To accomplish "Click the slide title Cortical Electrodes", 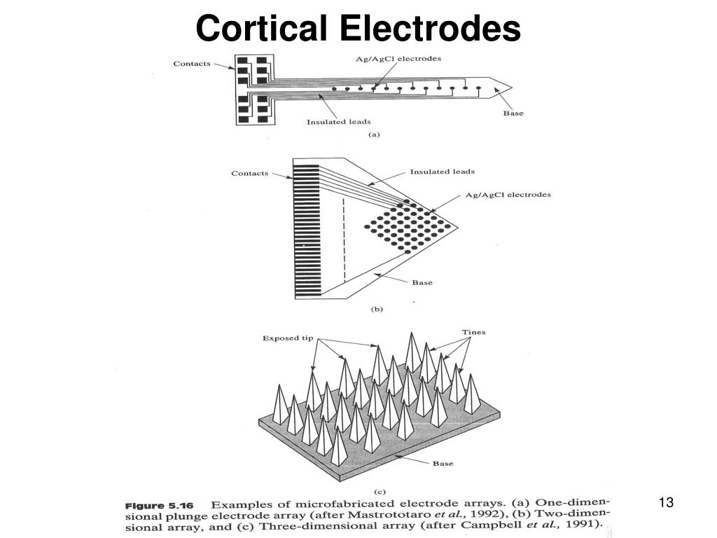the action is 358,28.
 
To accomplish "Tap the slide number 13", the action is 666,502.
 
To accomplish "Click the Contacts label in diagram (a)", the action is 192,64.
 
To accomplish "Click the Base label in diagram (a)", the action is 513,113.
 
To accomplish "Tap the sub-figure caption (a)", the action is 374,134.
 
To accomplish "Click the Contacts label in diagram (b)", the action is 250,174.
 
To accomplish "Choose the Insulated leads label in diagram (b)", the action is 442,172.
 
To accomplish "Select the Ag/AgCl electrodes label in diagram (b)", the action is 508,195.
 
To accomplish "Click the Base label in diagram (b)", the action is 422,283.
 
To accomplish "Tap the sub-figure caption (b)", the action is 376,308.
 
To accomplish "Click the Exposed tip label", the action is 288,338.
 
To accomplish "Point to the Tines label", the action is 473,332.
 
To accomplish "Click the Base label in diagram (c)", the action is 443,463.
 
